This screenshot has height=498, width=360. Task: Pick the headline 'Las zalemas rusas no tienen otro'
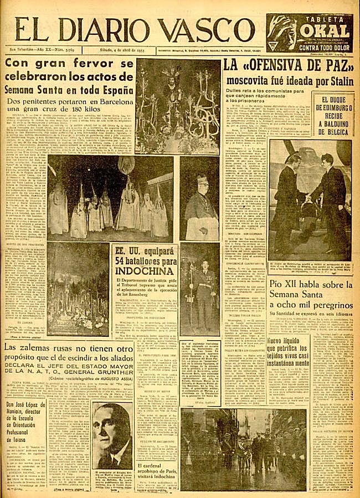89,348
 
